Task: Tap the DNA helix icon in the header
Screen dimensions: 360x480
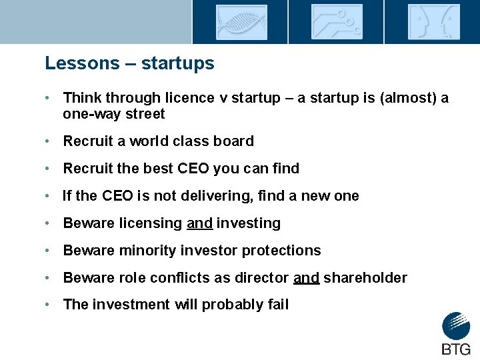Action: tap(241, 22)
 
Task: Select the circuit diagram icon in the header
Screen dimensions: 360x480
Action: tap(337, 22)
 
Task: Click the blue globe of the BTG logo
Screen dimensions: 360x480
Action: tap(456, 327)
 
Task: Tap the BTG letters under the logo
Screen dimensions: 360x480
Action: tap(456, 349)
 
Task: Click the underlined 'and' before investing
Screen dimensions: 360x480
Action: tap(199, 223)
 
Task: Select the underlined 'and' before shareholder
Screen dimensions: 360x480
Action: tap(306, 278)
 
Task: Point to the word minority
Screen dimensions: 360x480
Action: tap(147, 251)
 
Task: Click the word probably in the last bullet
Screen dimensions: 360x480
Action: tap(231, 305)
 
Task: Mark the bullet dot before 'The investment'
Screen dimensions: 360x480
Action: tap(49, 305)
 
